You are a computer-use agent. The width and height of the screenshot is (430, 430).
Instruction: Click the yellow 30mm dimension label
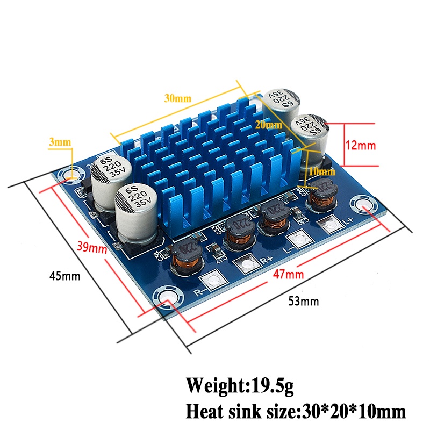(x=177, y=98)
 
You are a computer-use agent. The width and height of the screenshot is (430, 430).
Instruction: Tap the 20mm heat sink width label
(x=268, y=125)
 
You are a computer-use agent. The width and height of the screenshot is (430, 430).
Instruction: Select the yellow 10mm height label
(x=322, y=172)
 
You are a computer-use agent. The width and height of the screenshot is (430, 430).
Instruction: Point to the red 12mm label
(x=361, y=145)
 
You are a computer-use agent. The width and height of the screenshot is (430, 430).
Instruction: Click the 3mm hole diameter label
(x=59, y=142)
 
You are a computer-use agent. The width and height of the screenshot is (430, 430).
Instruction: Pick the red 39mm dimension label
(x=90, y=247)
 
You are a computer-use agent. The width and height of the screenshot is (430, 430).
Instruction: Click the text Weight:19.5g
(x=240, y=385)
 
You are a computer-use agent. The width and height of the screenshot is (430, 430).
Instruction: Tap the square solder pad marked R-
(x=213, y=281)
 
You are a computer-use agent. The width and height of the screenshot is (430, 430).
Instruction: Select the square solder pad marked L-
(x=296, y=240)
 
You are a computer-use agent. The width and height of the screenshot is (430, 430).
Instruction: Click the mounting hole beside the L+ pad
(x=361, y=206)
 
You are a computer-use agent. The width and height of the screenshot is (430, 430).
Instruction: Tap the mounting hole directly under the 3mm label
(x=70, y=175)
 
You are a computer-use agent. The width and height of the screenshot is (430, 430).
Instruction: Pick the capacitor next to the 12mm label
(x=310, y=134)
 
